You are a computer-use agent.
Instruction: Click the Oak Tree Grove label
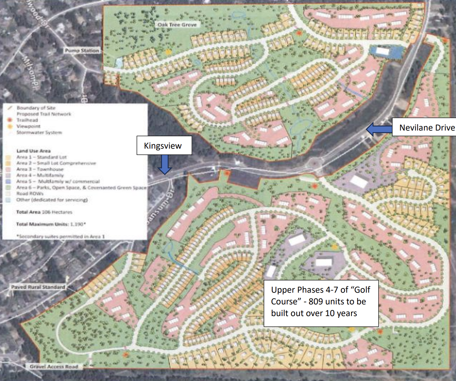177,24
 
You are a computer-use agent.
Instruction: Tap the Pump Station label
82,51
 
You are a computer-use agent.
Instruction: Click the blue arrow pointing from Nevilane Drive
379,129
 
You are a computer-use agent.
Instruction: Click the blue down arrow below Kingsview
164,165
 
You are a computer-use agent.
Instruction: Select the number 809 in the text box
316,302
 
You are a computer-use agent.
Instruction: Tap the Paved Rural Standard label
38,287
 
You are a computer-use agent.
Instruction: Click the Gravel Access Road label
54,366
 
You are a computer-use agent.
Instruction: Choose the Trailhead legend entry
27,120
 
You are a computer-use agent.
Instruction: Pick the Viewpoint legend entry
28,126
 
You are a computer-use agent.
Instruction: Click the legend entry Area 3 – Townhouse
40,169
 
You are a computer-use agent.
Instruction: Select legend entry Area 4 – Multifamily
40,175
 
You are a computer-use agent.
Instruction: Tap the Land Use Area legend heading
33,151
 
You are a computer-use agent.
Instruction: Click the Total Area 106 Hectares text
44,212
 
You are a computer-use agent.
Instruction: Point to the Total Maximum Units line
51,224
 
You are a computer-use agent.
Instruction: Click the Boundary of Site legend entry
36,108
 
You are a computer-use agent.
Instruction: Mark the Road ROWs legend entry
30,193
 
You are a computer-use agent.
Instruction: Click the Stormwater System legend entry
39,132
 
